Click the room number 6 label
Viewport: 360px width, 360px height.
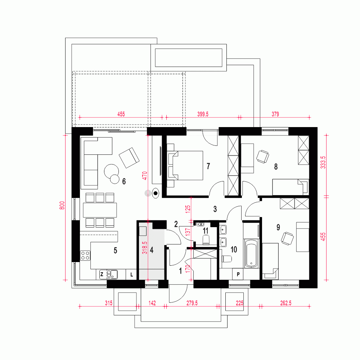tap(124, 181)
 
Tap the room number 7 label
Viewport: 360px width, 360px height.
tap(208, 166)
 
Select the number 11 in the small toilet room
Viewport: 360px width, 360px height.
tap(206, 230)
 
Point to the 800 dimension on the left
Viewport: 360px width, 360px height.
tap(62, 205)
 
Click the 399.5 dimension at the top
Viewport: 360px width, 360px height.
tap(203, 114)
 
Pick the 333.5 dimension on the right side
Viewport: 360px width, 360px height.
tap(323, 162)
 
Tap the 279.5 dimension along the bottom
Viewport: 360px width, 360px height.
tap(192, 303)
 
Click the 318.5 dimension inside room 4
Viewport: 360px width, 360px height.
tap(145, 248)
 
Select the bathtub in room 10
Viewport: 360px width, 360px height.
tap(251, 253)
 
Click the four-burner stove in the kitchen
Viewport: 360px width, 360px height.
tap(85, 256)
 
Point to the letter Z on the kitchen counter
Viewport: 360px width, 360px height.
tap(102, 274)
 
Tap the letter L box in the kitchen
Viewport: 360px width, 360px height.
tap(131, 274)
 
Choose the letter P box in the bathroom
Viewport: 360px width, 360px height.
tap(238, 274)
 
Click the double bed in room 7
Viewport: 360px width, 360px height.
tap(185, 165)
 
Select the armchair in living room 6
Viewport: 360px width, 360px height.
tap(129, 158)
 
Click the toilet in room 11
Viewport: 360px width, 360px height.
tap(206, 239)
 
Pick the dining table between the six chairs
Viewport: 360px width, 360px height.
tap(100, 210)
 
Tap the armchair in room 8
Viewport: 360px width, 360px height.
tap(262, 157)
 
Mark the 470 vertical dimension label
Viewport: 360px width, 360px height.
tap(145, 176)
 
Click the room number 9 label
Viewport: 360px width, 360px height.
tap(278, 227)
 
